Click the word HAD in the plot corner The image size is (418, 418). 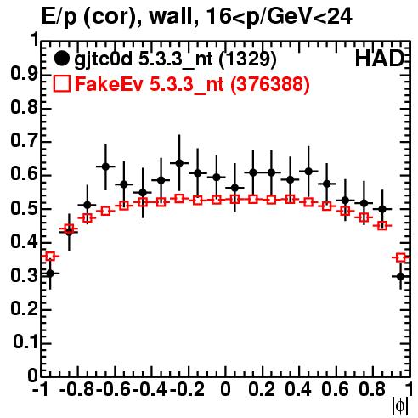click(380, 59)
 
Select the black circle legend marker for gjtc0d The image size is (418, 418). click(61, 59)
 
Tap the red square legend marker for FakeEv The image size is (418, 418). click(61, 84)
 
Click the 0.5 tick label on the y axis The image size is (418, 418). click(24, 208)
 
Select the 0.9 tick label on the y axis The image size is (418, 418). click(24, 74)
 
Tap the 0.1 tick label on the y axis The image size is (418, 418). click(25, 342)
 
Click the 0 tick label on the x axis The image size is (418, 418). click(225, 389)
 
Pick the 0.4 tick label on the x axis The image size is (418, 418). click(298, 389)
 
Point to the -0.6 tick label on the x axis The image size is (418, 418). click(113, 389)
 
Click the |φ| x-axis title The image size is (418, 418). click(400, 406)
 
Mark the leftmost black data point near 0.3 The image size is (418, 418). click(50, 274)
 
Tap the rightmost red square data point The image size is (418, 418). click(400, 257)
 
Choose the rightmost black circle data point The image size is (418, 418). click(400, 276)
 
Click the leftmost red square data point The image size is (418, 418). click(50, 257)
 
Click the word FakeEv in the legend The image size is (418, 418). click(109, 84)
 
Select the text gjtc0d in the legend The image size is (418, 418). click(103, 59)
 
